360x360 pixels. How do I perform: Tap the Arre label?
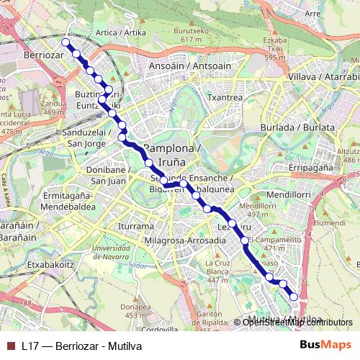[x=312, y=13]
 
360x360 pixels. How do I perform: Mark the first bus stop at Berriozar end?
[x=66, y=42]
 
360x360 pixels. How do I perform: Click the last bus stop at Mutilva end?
[x=294, y=296]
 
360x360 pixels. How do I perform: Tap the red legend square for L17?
[x=9, y=346]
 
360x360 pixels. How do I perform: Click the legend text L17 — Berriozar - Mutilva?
[x=81, y=346]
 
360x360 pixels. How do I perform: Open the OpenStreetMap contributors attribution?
[x=297, y=322]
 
